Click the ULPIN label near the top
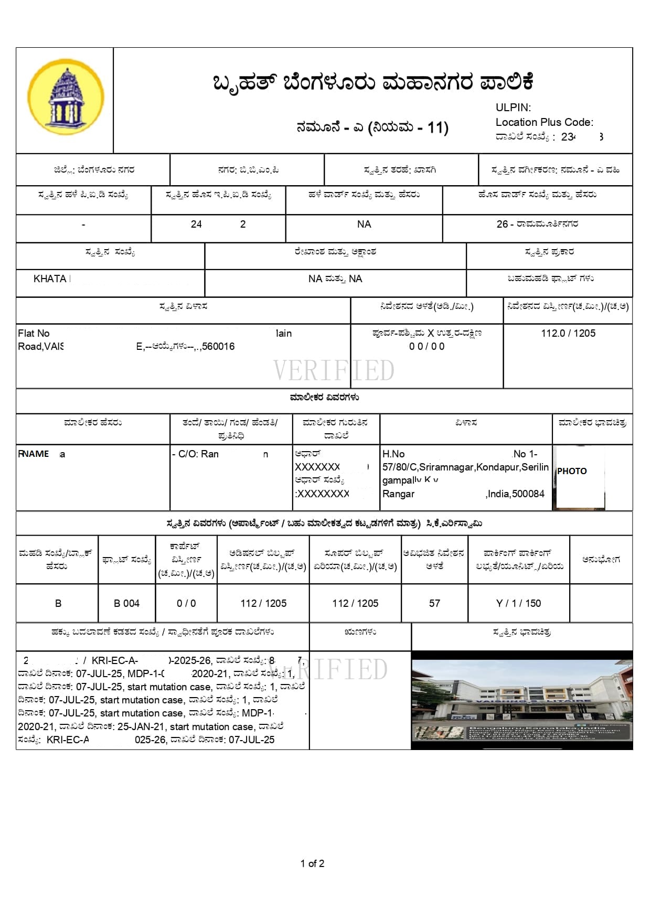(x=513, y=108)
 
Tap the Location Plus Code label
(x=544, y=122)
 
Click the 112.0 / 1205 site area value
(x=568, y=333)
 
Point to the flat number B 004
(x=126, y=603)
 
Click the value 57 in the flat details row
(x=434, y=603)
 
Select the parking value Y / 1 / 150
(x=518, y=603)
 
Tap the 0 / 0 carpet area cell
(x=186, y=603)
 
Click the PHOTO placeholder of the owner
(x=572, y=471)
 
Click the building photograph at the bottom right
(x=522, y=700)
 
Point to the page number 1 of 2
(x=312, y=863)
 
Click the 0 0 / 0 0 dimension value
(x=426, y=346)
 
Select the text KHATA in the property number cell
(x=50, y=279)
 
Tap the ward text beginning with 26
(x=537, y=224)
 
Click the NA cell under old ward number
(x=364, y=224)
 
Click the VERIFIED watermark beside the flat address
(x=334, y=370)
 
